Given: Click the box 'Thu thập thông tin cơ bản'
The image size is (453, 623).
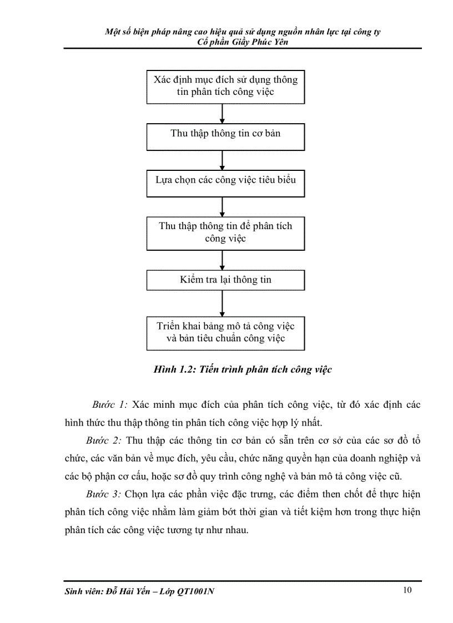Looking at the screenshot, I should click(225, 134).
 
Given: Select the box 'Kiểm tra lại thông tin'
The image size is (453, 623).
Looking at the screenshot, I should click(225, 280).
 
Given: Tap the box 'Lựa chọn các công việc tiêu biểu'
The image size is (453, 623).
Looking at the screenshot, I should click(225, 180).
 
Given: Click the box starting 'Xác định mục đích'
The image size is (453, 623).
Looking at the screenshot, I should click(225, 86).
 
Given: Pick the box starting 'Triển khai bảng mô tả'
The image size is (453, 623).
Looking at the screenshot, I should click(225, 332).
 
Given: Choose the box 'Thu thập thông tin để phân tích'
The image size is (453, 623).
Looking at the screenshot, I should click(225, 232).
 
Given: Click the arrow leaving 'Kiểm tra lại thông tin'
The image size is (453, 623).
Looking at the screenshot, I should click(222, 303).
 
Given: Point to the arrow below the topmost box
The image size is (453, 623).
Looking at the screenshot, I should click(222, 113).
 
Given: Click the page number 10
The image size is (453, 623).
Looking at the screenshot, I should click(407, 590).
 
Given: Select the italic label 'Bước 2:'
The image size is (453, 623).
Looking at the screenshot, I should click(103, 441).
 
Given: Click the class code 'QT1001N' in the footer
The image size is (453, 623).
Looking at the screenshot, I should click(195, 591).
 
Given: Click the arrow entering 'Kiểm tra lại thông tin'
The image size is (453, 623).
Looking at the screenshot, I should click(222, 260).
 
